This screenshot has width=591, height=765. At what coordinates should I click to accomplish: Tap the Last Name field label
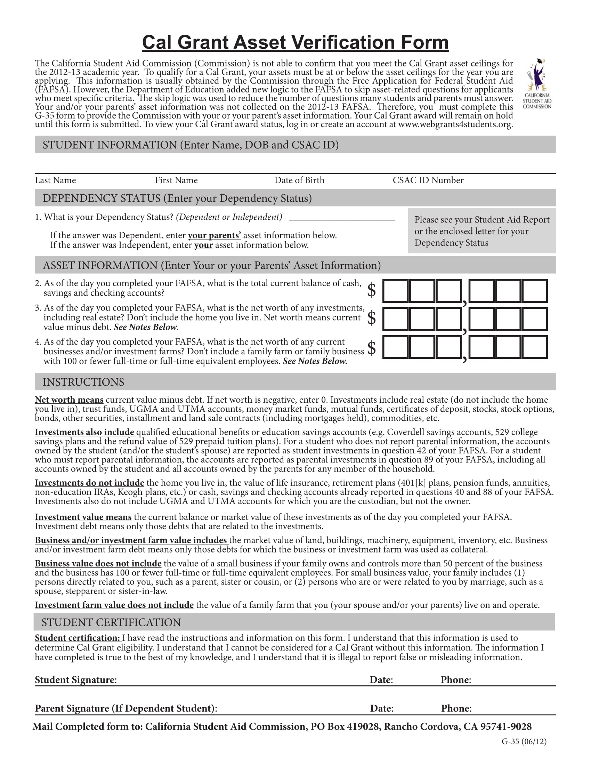[55, 180]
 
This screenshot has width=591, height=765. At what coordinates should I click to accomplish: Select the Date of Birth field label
[299, 180]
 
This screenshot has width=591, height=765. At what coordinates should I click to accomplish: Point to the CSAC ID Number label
[428, 180]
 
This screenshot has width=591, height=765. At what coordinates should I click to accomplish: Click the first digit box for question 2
[395, 291]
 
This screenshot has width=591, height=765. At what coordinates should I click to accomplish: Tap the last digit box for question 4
[535, 347]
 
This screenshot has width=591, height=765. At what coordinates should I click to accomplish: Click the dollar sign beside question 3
[372, 318]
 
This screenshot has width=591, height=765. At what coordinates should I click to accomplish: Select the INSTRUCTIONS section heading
[83, 382]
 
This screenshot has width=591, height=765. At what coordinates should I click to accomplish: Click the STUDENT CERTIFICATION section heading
[111, 622]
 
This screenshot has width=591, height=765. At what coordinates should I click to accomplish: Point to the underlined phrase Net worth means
[69, 400]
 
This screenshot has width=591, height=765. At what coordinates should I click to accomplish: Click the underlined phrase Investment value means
[83, 517]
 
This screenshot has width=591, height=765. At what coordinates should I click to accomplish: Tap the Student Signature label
[76, 680]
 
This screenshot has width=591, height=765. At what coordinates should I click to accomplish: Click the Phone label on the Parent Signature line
[456, 709]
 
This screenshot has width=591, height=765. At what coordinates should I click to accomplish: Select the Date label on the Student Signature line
[381, 680]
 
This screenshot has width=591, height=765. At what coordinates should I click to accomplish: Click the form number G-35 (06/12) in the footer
[524, 742]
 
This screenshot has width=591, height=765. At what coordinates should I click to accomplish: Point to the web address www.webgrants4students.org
[455, 125]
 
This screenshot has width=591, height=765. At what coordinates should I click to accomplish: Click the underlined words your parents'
[214, 235]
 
